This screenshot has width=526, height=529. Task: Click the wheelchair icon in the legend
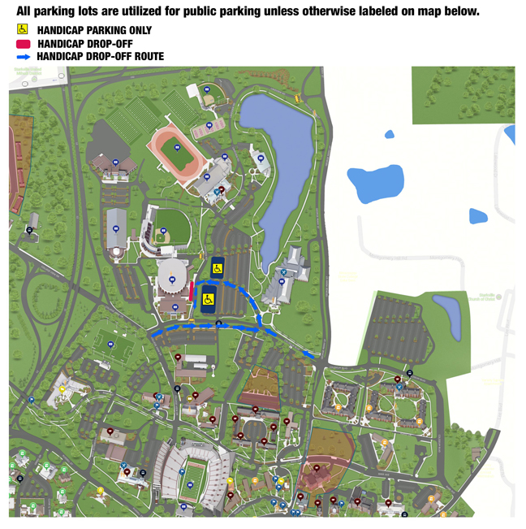point(23,29)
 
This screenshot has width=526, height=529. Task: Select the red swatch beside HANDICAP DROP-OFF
point(24,43)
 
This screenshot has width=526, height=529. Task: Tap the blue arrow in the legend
point(24,57)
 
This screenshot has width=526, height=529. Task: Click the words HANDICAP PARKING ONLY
point(94,30)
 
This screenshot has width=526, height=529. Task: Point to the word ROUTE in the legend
point(146,57)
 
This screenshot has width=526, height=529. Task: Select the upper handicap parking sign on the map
point(218,267)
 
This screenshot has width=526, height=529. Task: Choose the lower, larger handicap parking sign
point(208,299)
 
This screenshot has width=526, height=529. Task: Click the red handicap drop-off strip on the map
point(191,292)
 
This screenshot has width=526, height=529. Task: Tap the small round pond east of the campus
point(390,134)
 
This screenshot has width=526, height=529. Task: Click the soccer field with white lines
point(111,345)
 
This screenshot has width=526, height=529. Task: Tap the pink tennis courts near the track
point(209,128)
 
